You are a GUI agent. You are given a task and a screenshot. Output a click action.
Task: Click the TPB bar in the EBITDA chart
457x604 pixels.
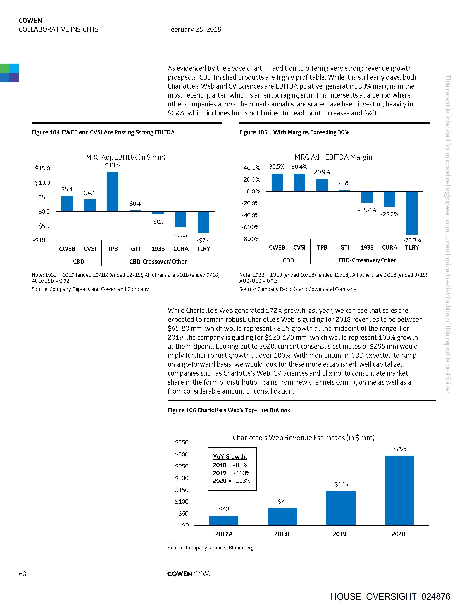pyautogui.click(x=113, y=192)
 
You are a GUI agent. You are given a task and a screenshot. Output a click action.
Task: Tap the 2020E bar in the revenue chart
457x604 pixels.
pyautogui.click(x=399, y=490)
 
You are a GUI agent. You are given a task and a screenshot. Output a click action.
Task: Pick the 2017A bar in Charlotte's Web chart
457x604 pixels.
pyautogui.click(x=224, y=520)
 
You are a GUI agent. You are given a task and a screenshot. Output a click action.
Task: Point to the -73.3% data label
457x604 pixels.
pyautogui.click(x=412, y=240)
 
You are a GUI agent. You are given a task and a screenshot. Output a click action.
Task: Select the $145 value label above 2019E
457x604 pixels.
pyautogui.click(x=341, y=484)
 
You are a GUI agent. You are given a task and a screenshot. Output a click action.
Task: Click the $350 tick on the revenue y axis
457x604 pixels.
pyautogui.click(x=182, y=442)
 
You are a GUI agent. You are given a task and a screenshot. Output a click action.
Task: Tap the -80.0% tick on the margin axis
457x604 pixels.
pyautogui.click(x=251, y=239)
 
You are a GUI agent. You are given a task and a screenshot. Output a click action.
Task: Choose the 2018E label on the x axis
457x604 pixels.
pyautogui.click(x=283, y=534)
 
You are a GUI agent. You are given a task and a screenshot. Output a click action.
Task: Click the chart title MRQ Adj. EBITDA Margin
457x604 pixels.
pyautogui.click(x=333, y=157)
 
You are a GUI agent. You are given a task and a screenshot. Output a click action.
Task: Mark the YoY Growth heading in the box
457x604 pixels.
pyautogui.click(x=230, y=457)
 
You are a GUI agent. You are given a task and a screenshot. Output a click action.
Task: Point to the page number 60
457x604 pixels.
pyautogui.click(x=23, y=574)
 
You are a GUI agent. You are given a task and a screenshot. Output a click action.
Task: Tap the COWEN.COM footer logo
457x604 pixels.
pyautogui.click(x=188, y=574)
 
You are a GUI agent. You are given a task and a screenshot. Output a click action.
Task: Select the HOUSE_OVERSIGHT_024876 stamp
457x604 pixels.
pyautogui.click(x=390, y=596)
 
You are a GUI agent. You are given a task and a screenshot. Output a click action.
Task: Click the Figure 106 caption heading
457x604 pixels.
pyautogui.click(x=229, y=410)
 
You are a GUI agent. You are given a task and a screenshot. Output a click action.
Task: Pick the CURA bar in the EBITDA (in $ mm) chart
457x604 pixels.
pyautogui.click(x=180, y=219)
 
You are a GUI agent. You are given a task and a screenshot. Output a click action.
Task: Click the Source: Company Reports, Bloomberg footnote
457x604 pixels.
pyautogui.click(x=210, y=548)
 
